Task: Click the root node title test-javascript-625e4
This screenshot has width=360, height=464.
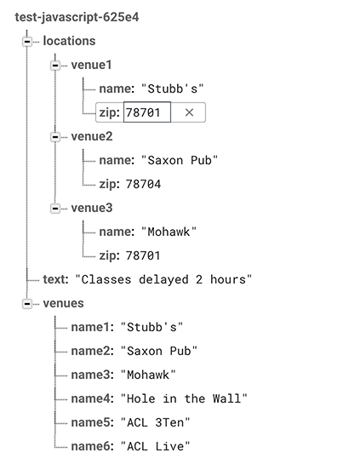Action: pyautogui.click(x=77, y=17)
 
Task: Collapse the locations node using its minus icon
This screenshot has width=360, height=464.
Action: pyautogui.click(x=27, y=42)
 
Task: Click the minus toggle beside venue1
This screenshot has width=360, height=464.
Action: pyautogui.click(x=55, y=66)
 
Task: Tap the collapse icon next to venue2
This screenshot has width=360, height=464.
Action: pyautogui.click(x=55, y=137)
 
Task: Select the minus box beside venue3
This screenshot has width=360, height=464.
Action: pyautogui.click(x=55, y=209)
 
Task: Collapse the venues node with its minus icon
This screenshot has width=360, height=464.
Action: pyautogui.click(x=27, y=304)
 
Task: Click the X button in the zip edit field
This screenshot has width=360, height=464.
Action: pyautogui.click(x=189, y=112)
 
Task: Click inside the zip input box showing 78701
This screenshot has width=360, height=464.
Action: pyautogui.click(x=147, y=112)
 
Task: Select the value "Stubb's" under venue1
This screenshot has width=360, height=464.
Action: pyautogui.click(x=173, y=89)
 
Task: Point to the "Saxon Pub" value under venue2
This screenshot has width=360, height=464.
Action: pyautogui.click(x=180, y=160)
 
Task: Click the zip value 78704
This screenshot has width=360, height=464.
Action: pyautogui.click(x=143, y=185)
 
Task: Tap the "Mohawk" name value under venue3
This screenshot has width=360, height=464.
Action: pyautogui.click(x=169, y=232)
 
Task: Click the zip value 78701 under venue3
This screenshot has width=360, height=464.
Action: pyautogui.click(x=143, y=255)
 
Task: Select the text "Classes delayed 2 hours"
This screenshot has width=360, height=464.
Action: pyautogui.click(x=163, y=279)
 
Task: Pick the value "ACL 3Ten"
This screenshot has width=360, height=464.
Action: pyautogui.click(x=155, y=422)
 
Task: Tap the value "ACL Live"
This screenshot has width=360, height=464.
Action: pyautogui.click(x=155, y=446)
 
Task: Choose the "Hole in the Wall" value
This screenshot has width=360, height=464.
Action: pyautogui.click(x=184, y=398)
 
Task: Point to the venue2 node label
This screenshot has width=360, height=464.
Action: pyautogui.click(x=92, y=137)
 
